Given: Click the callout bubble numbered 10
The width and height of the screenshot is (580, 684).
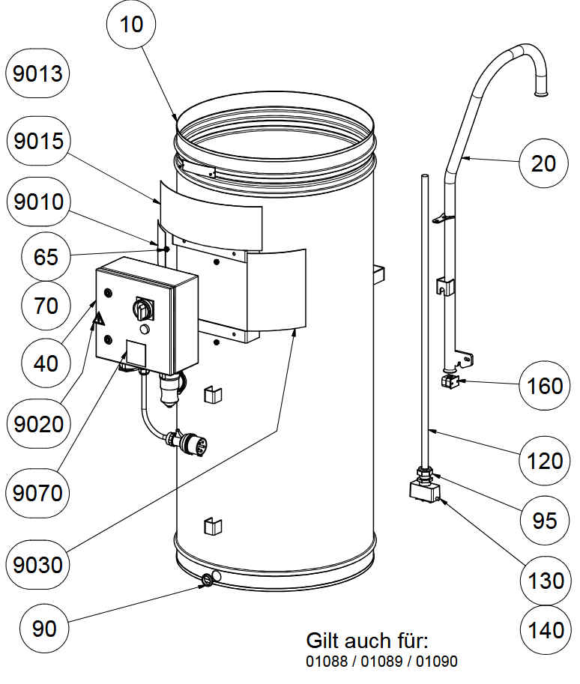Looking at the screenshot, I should (x=131, y=24).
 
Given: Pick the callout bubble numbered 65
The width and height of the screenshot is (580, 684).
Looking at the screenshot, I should (x=46, y=256).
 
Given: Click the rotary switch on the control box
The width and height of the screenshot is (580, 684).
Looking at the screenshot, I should (x=142, y=308).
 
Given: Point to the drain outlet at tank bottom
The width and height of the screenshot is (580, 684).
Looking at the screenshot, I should (x=207, y=579).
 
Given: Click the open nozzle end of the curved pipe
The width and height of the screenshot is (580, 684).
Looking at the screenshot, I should (x=539, y=93).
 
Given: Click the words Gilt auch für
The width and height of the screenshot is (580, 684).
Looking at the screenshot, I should (x=366, y=641).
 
